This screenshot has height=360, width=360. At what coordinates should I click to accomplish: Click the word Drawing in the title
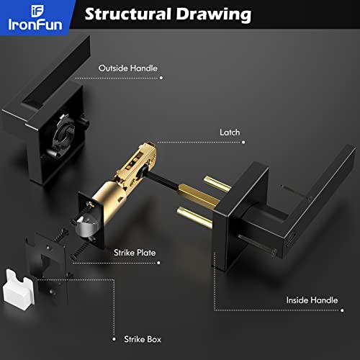tap(217, 14)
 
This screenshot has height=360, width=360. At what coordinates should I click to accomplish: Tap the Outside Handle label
tap(127, 68)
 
